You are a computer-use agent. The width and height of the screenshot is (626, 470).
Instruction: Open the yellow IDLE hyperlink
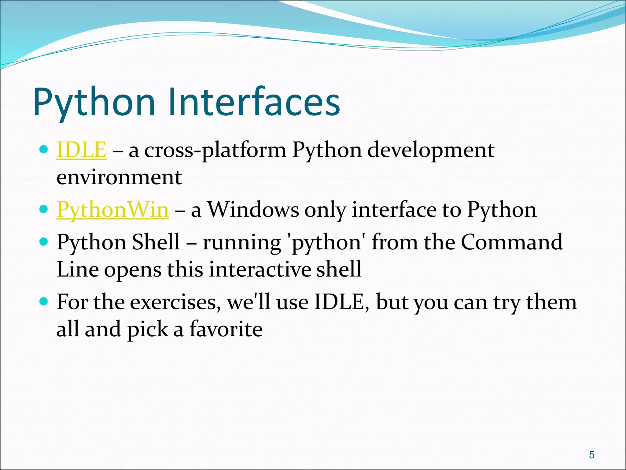click(x=81, y=150)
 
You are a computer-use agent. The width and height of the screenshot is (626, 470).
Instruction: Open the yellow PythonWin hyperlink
click(x=112, y=210)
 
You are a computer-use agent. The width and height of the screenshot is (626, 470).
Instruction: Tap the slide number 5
click(x=592, y=455)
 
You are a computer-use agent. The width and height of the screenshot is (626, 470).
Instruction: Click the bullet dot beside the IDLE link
click(x=44, y=150)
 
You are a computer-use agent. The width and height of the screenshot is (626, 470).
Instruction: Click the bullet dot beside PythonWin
click(x=44, y=210)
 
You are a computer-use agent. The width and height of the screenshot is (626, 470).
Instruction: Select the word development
click(x=431, y=151)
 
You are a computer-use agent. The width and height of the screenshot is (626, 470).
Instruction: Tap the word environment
click(x=119, y=177)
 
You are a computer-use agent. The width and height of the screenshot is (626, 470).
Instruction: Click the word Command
click(x=511, y=242)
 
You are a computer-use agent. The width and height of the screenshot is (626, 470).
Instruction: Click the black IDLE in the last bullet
click(x=341, y=302)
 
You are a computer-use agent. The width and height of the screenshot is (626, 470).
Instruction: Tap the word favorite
click(x=226, y=329)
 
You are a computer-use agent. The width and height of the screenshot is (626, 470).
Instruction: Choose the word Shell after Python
click(x=156, y=242)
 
